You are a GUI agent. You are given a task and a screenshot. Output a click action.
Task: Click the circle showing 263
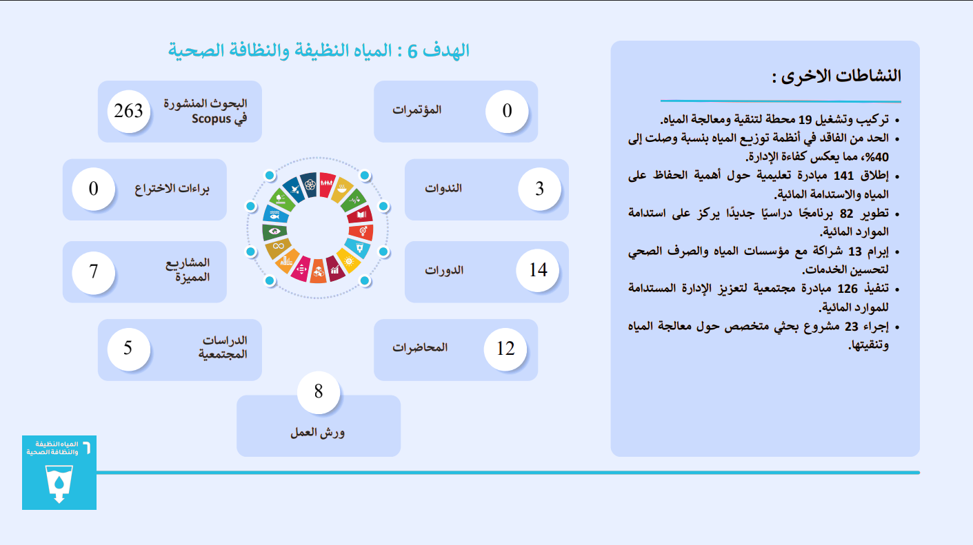click(x=128, y=112)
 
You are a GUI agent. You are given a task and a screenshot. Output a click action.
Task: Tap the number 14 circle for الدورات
click(x=538, y=270)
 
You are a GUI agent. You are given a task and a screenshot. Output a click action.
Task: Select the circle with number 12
click(x=505, y=349)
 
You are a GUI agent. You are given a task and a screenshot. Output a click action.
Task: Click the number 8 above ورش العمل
click(x=319, y=392)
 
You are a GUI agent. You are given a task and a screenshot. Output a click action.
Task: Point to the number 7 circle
click(x=93, y=272)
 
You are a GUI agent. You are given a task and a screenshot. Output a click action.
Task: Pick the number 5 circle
click(x=128, y=349)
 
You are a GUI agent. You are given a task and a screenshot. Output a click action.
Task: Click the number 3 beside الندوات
click(x=539, y=189)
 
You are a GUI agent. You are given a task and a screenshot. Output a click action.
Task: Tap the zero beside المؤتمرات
click(x=507, y=111)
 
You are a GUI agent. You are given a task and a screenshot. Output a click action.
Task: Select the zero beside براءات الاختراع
click(x=93, y=189)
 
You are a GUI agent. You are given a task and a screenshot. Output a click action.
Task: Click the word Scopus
click(x=212, y=119)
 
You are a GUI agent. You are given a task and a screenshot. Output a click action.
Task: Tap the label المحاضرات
click(x=420, y=347)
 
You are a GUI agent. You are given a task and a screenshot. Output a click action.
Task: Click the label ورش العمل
click(x=317, y=433)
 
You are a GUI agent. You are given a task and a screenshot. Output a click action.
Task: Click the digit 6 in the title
click(x=412, y=52)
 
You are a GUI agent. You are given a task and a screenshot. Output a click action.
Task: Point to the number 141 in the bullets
click(x=843, y=176)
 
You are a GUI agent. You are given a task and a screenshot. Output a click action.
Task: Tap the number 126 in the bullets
click(x=847, y=289)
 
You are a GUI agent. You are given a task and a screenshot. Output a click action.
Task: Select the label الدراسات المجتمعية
click(x=223, y=347)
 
